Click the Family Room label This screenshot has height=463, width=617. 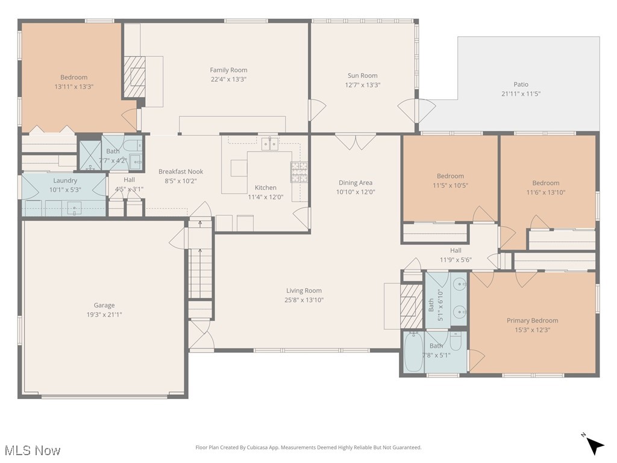tap(228, 70)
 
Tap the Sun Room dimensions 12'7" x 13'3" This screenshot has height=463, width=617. tap(362, 85)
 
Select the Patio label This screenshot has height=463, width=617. tap(521, 84)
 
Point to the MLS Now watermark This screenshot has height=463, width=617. tap(32, 450)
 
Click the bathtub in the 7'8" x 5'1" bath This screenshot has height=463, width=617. tap(413, 352)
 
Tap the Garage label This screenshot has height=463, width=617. tap(104, 305)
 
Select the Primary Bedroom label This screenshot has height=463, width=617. tap(532, 321)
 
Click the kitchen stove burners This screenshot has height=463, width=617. tap(299, 172)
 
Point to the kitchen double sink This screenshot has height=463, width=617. tap(269, 143)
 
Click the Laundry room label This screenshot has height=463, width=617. tap(65, 180)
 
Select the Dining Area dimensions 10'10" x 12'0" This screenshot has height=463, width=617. tap(355, 192)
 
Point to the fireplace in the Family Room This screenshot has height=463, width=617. tap(135, 77)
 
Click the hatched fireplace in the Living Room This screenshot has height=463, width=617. tap(412, 305)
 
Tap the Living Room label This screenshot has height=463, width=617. tap(304, 291)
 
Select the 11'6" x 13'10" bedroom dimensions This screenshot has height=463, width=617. tap(545, 192)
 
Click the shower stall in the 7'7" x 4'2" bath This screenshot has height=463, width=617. tap(90, 155)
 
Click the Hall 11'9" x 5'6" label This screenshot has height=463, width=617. tap(456, 250)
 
